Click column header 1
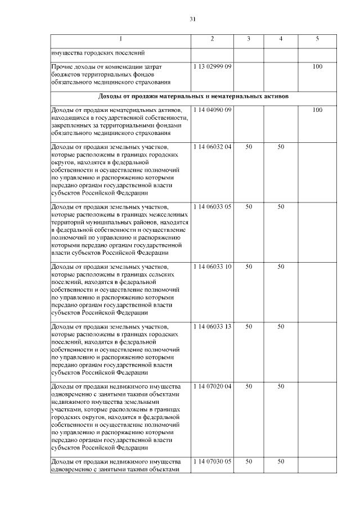120,39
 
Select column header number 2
212,39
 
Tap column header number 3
249,39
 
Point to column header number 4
281,39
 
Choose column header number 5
317,39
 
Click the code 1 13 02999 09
213,67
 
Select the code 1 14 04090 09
213,109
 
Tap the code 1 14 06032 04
213,147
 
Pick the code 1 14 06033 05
213,206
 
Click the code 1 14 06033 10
213,266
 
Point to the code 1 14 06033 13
213,326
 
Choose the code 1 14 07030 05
213,461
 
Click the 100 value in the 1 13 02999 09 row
317,67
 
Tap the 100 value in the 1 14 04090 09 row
317,109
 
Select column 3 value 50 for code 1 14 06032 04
249,147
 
